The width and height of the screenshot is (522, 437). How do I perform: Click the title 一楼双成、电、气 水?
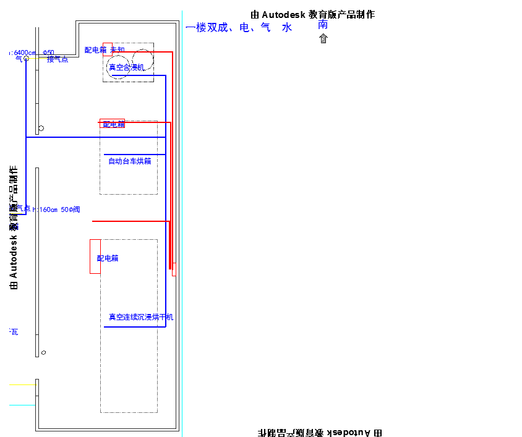239,28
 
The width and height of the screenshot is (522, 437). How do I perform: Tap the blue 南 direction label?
323,25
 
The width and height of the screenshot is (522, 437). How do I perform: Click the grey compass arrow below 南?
323,39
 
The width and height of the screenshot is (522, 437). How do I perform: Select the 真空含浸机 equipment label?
126,67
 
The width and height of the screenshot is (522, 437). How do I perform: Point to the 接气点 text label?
58,59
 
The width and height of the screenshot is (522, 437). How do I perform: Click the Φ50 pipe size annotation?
49,53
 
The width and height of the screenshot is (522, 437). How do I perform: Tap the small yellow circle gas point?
26,59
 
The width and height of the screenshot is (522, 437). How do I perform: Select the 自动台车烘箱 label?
129,161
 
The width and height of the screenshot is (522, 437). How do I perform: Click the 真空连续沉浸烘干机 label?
141,317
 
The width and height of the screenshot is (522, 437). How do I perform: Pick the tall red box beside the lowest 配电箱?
95,256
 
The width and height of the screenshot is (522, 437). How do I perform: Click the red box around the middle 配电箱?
112,123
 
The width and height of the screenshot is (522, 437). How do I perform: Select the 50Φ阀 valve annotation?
71,210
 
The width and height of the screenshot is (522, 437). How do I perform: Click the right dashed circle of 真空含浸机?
142,59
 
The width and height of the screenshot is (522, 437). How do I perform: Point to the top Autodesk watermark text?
312,14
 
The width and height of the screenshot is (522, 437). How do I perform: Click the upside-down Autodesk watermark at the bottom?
319,432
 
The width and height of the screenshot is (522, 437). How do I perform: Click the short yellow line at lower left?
23,384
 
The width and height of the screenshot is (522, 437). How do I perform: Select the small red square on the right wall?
174,269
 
